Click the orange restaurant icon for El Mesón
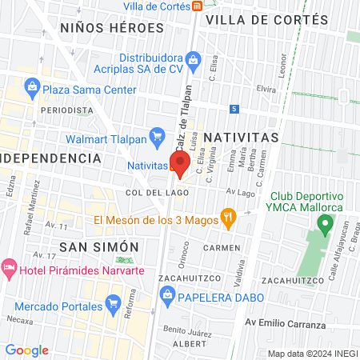228,215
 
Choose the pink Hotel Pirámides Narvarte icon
9,266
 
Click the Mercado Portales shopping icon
111,304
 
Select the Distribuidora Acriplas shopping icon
192,58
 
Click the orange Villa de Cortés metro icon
197,6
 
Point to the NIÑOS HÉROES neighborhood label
111,27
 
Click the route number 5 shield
233,109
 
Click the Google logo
26,350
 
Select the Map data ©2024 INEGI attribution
311,354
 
